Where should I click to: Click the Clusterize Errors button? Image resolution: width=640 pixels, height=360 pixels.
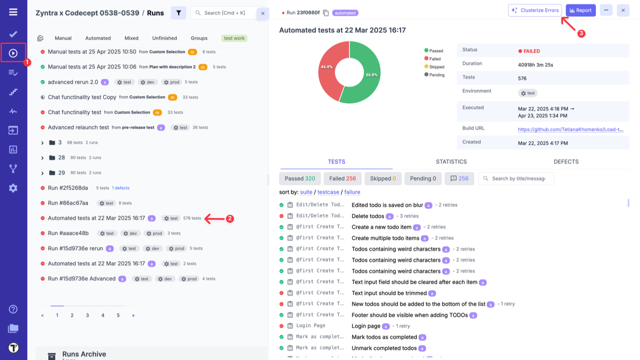click(534, 10)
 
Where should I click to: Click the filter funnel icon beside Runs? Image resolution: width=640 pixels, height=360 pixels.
click(178, 13)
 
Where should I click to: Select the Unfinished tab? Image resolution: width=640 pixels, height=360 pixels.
click(164, 38)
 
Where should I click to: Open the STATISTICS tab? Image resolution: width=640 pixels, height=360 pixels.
click(451, 161)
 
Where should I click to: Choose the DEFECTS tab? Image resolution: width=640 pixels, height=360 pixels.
click(566, 161)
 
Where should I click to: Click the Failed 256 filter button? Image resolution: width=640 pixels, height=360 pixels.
click(342, 178)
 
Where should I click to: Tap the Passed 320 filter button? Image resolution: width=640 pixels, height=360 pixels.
click(300, 178)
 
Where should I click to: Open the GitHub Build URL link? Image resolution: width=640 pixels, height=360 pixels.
click(570, 129)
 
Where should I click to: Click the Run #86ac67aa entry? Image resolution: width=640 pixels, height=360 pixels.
click(68, 203)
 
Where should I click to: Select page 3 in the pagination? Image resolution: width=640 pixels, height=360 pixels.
click(87, 315)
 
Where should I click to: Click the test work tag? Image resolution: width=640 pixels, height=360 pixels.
click(234, 38)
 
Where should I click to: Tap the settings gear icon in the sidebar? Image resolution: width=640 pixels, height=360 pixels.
click(13, 188)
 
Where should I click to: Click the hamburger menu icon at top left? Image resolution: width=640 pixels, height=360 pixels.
click(13, 12)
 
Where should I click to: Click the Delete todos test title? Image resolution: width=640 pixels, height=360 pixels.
click(368, 216)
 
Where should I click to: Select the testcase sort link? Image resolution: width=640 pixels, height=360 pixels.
click(328, 192)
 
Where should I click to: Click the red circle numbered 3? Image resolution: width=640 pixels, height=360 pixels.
click(581, 33)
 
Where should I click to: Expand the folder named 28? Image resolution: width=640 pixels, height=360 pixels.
click(42, 158)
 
